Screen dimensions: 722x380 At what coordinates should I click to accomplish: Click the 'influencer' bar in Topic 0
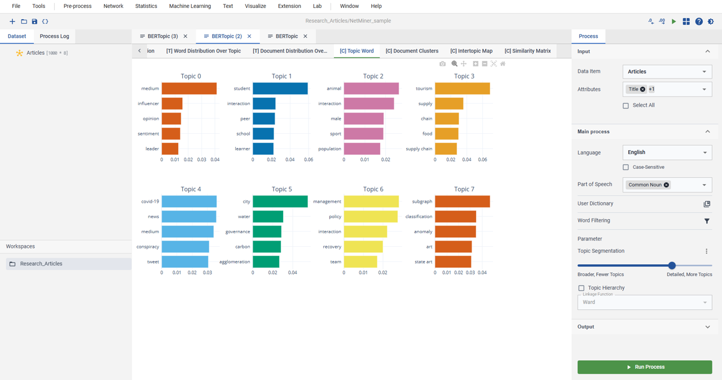172,103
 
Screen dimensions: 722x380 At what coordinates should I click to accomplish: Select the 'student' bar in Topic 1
280,89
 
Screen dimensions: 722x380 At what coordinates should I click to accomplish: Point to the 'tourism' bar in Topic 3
462,89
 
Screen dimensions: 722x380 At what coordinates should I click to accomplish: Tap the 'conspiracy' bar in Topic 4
186,247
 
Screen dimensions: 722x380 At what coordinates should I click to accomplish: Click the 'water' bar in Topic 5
268,216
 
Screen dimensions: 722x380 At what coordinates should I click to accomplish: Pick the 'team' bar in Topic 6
360,261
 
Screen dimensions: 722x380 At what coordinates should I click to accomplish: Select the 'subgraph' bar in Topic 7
462,201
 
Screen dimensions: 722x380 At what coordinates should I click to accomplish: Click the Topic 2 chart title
373,76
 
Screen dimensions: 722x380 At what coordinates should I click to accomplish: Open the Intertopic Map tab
471,51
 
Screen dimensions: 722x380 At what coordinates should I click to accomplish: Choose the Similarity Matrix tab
527,51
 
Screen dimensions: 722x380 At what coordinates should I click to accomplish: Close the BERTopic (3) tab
186,36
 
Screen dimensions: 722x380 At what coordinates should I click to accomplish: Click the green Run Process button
645,367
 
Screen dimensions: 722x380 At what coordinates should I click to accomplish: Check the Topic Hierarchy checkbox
581,288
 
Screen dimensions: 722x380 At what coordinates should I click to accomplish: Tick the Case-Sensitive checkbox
626,167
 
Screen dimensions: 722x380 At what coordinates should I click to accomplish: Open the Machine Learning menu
190,6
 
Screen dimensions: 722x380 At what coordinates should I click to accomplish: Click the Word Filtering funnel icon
707,221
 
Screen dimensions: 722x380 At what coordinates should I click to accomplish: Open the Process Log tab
54,36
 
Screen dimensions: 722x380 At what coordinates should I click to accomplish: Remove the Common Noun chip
666,185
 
